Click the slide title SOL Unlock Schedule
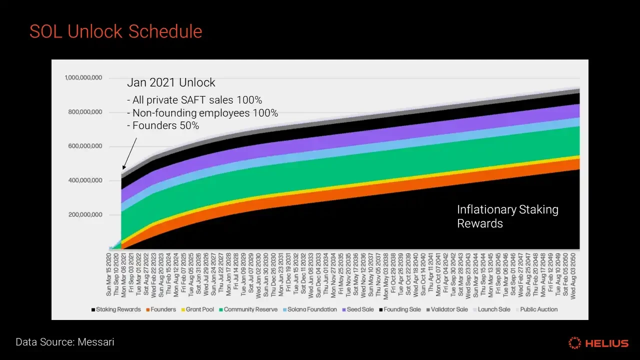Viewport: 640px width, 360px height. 115,31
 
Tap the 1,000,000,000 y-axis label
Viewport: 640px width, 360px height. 83,77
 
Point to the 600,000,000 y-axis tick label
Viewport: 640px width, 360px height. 85,146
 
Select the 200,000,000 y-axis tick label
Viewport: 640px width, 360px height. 85,215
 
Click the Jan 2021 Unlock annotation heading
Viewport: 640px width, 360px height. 171,82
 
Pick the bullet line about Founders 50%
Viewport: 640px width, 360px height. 163,126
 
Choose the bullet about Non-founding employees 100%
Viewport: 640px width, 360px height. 202,113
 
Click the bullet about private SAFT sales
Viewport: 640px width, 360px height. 194,100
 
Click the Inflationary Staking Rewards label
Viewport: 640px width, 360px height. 507,216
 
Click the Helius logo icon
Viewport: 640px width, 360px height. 574,343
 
